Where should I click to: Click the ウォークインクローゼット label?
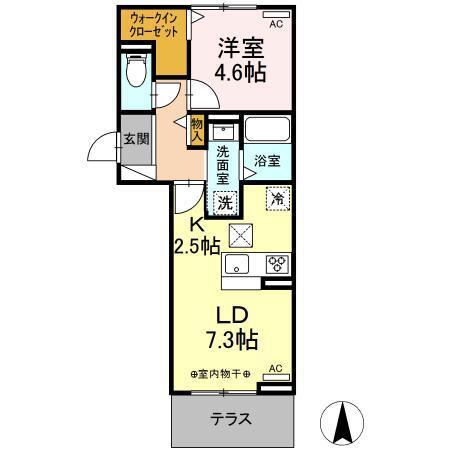[152, 25]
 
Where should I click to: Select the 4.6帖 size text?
[241, 72]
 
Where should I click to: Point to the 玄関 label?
[136, 139]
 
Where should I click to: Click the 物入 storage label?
[196, 129]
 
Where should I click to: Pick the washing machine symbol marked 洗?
[226, 200]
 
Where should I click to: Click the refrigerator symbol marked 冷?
[277, 198]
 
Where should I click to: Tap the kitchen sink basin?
[237, 264]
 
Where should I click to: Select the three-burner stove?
[276, 264]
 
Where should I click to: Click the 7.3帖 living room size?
[232, 340]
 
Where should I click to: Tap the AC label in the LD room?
[276, 368]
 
